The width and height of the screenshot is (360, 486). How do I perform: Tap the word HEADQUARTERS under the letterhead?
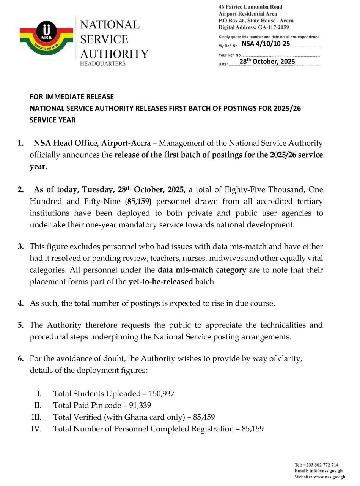[x=102, y=64]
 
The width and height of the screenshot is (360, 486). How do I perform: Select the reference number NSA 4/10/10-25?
[x=266, y=44]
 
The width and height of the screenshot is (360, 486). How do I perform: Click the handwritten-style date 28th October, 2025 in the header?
[x=267, y=62]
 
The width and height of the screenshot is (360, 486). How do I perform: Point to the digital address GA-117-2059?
[x=273, y=27]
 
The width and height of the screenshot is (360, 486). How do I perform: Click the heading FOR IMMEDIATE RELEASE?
[x=72, y=97]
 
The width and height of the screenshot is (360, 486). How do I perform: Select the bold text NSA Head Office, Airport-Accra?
[x=93, y=144]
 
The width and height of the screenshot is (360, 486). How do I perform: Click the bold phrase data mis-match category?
[x=202, y=270]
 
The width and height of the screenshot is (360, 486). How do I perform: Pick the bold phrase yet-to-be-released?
[x=160, y=282]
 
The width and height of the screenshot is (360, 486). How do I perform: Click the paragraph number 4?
[x=20, y=304]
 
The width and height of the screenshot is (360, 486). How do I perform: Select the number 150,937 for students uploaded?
[x=162, y=394]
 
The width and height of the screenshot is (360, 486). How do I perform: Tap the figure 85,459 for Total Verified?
[x=204, y=417]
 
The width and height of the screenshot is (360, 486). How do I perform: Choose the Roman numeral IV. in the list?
[x=36, y=429]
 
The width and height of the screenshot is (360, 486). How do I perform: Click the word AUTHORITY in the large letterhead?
[x=114, y=54]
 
